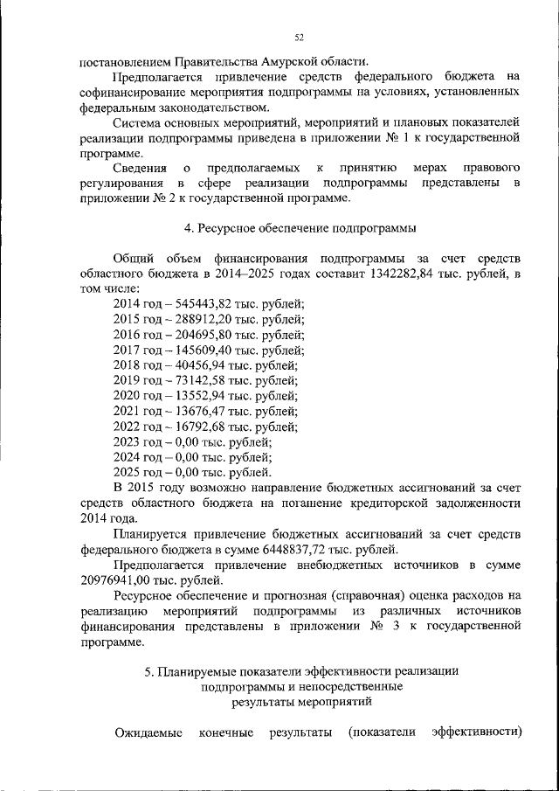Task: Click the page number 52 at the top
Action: pos(300,38)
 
